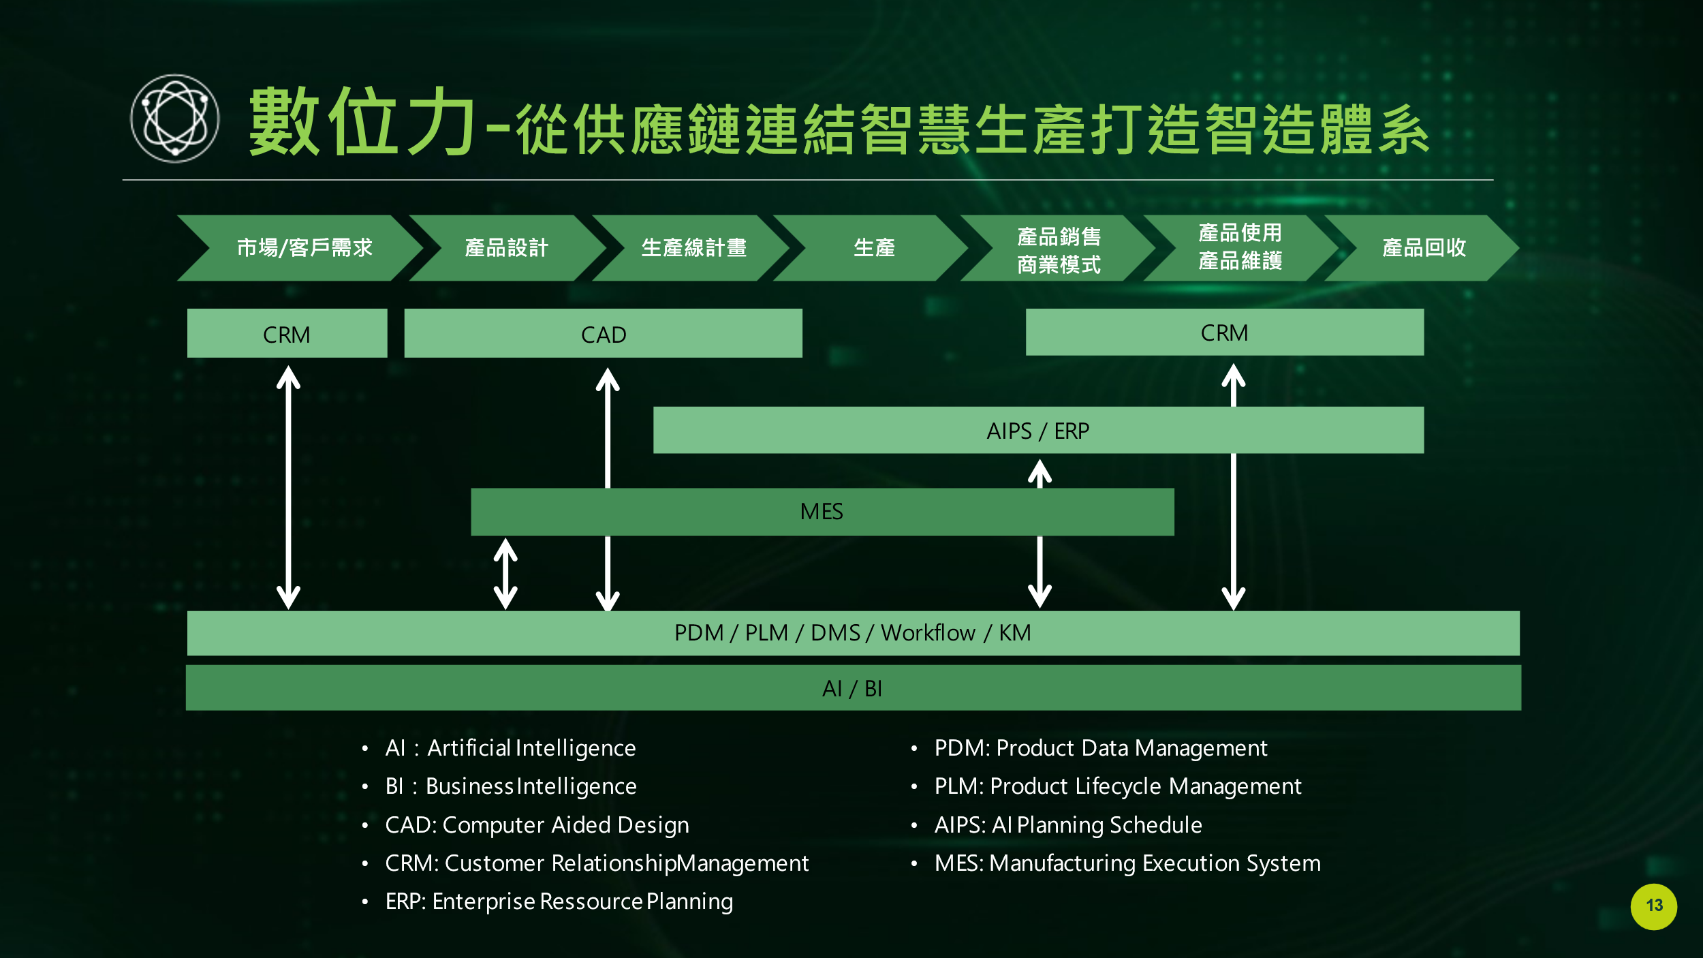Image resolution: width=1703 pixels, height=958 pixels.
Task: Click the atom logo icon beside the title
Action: coord(175,119)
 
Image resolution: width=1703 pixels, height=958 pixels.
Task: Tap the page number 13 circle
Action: coord(1653,906)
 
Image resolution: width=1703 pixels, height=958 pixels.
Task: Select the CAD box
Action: coord(603,334)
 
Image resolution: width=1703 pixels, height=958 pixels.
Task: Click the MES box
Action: coord(822,512)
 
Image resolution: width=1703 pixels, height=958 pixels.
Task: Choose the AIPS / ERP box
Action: coord(1037,431)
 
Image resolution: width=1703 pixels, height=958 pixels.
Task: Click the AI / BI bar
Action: coord(852,688)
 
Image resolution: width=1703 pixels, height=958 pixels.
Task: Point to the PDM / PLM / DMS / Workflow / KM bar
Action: coord(852,633)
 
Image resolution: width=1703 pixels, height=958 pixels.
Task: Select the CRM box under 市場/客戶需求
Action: coord(287,334)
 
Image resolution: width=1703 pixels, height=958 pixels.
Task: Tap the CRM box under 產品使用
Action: coord(1224,333)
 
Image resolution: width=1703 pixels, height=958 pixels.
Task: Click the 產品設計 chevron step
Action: coord(506,248)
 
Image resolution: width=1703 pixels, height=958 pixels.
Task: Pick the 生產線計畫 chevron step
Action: coord(693,248)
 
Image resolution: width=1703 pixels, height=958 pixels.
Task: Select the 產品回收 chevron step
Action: coord(1423,248)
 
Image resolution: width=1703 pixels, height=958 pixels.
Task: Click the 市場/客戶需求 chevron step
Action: coord(304,248)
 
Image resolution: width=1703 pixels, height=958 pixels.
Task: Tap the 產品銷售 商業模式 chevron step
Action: coord(1058,249)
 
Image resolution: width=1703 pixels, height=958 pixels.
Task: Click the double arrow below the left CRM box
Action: coord(288,486)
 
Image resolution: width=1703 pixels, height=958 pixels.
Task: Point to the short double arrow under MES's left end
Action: coord(505,574)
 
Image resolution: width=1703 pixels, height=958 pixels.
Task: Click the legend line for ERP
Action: coord(559,901)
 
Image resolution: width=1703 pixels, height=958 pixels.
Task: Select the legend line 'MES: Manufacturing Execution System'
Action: coord(1127,863)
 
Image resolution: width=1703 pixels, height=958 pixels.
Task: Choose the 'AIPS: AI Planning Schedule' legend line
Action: coord(1067,825)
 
